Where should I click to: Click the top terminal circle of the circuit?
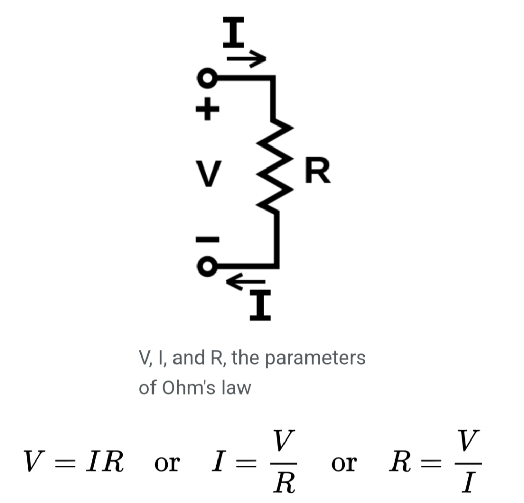coord(207,79)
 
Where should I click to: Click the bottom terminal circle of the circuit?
coord(207,266)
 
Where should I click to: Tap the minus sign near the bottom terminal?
coord(207,239)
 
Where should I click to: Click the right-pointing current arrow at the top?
coord(247,59)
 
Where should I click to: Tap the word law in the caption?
coord(236,387)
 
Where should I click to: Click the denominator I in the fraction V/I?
coord(467,482)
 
